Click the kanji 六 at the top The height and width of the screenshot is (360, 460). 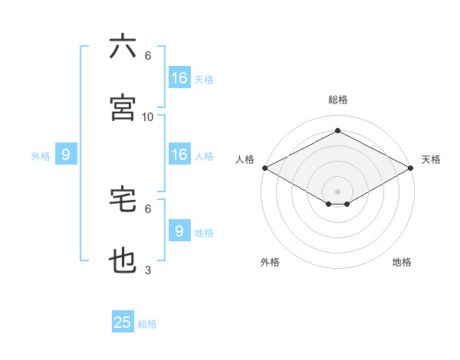(x=123, y=47)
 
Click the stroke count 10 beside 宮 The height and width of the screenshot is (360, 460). (x=148, y=116)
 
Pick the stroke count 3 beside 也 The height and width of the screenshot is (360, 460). (x=148, y=270)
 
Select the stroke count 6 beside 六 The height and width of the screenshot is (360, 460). (x=148, y=56)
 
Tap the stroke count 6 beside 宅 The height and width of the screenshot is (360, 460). (x=148, y=208)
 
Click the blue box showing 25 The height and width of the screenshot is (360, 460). (x=123, y=322)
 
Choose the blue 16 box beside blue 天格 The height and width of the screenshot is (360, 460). (x=179, y=78)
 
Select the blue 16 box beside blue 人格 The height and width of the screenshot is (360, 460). (x=179, y=155)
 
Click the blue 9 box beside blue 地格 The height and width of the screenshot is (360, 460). (x=179, y=231)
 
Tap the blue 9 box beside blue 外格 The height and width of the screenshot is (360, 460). (x=66, y=155)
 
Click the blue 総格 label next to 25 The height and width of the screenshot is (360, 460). (x=147, y=324)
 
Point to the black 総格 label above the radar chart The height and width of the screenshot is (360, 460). (x=338, y=100)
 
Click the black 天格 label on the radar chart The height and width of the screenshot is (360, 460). (x=431, y=159)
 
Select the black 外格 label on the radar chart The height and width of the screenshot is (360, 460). (x=270, y=262)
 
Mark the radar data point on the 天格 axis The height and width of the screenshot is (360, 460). (x=412, y=168)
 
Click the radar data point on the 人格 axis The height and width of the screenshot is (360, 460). (x=264, y=168)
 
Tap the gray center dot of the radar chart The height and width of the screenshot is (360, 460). (x=338, y=191)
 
